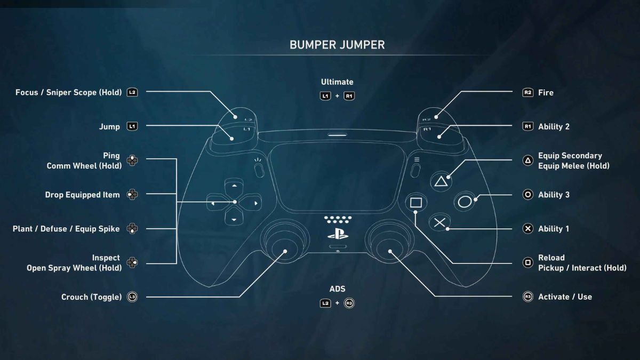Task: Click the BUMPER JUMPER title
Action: click(337, 45)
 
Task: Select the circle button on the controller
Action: click(465, 202)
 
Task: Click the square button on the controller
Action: click(416, 203)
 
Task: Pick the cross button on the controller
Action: click(439, 222)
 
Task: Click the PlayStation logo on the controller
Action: click(338, 233)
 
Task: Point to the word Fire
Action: click(546, 93)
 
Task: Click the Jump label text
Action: click(109, 127)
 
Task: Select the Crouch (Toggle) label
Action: click(92, 297)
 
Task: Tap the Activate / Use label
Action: click(565, 297)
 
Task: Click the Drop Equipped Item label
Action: click(83, 195)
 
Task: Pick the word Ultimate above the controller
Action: click(337, 82)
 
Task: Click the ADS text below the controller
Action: click(337, 289)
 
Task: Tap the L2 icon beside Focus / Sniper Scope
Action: click(132, 93)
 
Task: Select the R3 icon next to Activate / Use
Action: click(528, 297)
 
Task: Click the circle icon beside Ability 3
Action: click(528, 195)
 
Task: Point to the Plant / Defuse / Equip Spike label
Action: click(66, 229)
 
